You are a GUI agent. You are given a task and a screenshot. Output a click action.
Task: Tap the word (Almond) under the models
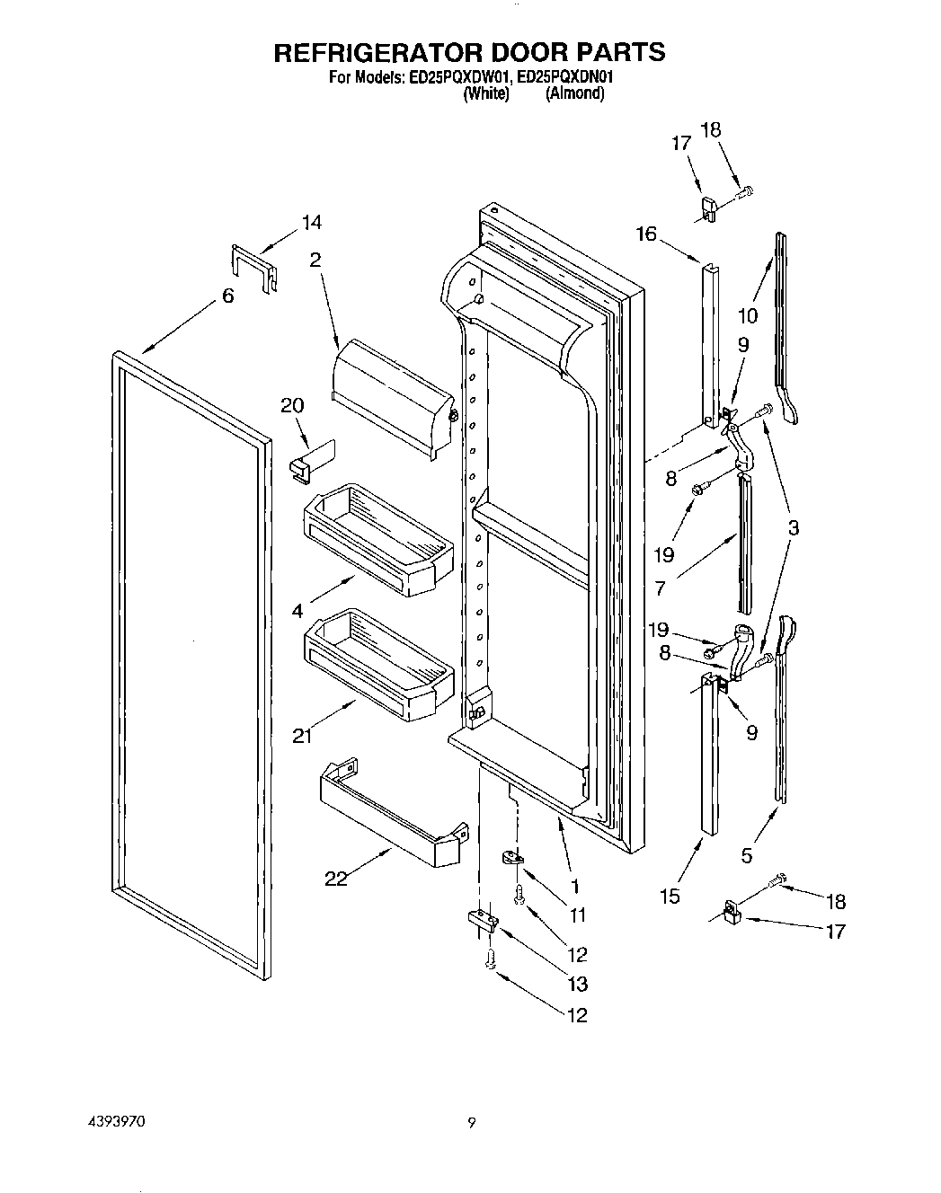tap(574, 93)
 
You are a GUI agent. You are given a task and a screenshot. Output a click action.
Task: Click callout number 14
tap(311, 222)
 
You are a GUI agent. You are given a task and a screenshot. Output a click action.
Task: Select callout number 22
tap(336, 879)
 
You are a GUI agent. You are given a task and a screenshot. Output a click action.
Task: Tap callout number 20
tap(292, 405)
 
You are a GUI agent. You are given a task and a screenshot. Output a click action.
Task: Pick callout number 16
tap(645, 234)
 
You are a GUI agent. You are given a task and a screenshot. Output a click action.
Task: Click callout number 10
tap(748, 315)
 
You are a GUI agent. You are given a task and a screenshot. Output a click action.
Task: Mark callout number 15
tap(670, 895)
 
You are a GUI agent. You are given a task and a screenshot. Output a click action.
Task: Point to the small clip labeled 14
tap(253, 267)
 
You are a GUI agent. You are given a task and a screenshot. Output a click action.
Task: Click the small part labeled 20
tap(305, 461)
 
